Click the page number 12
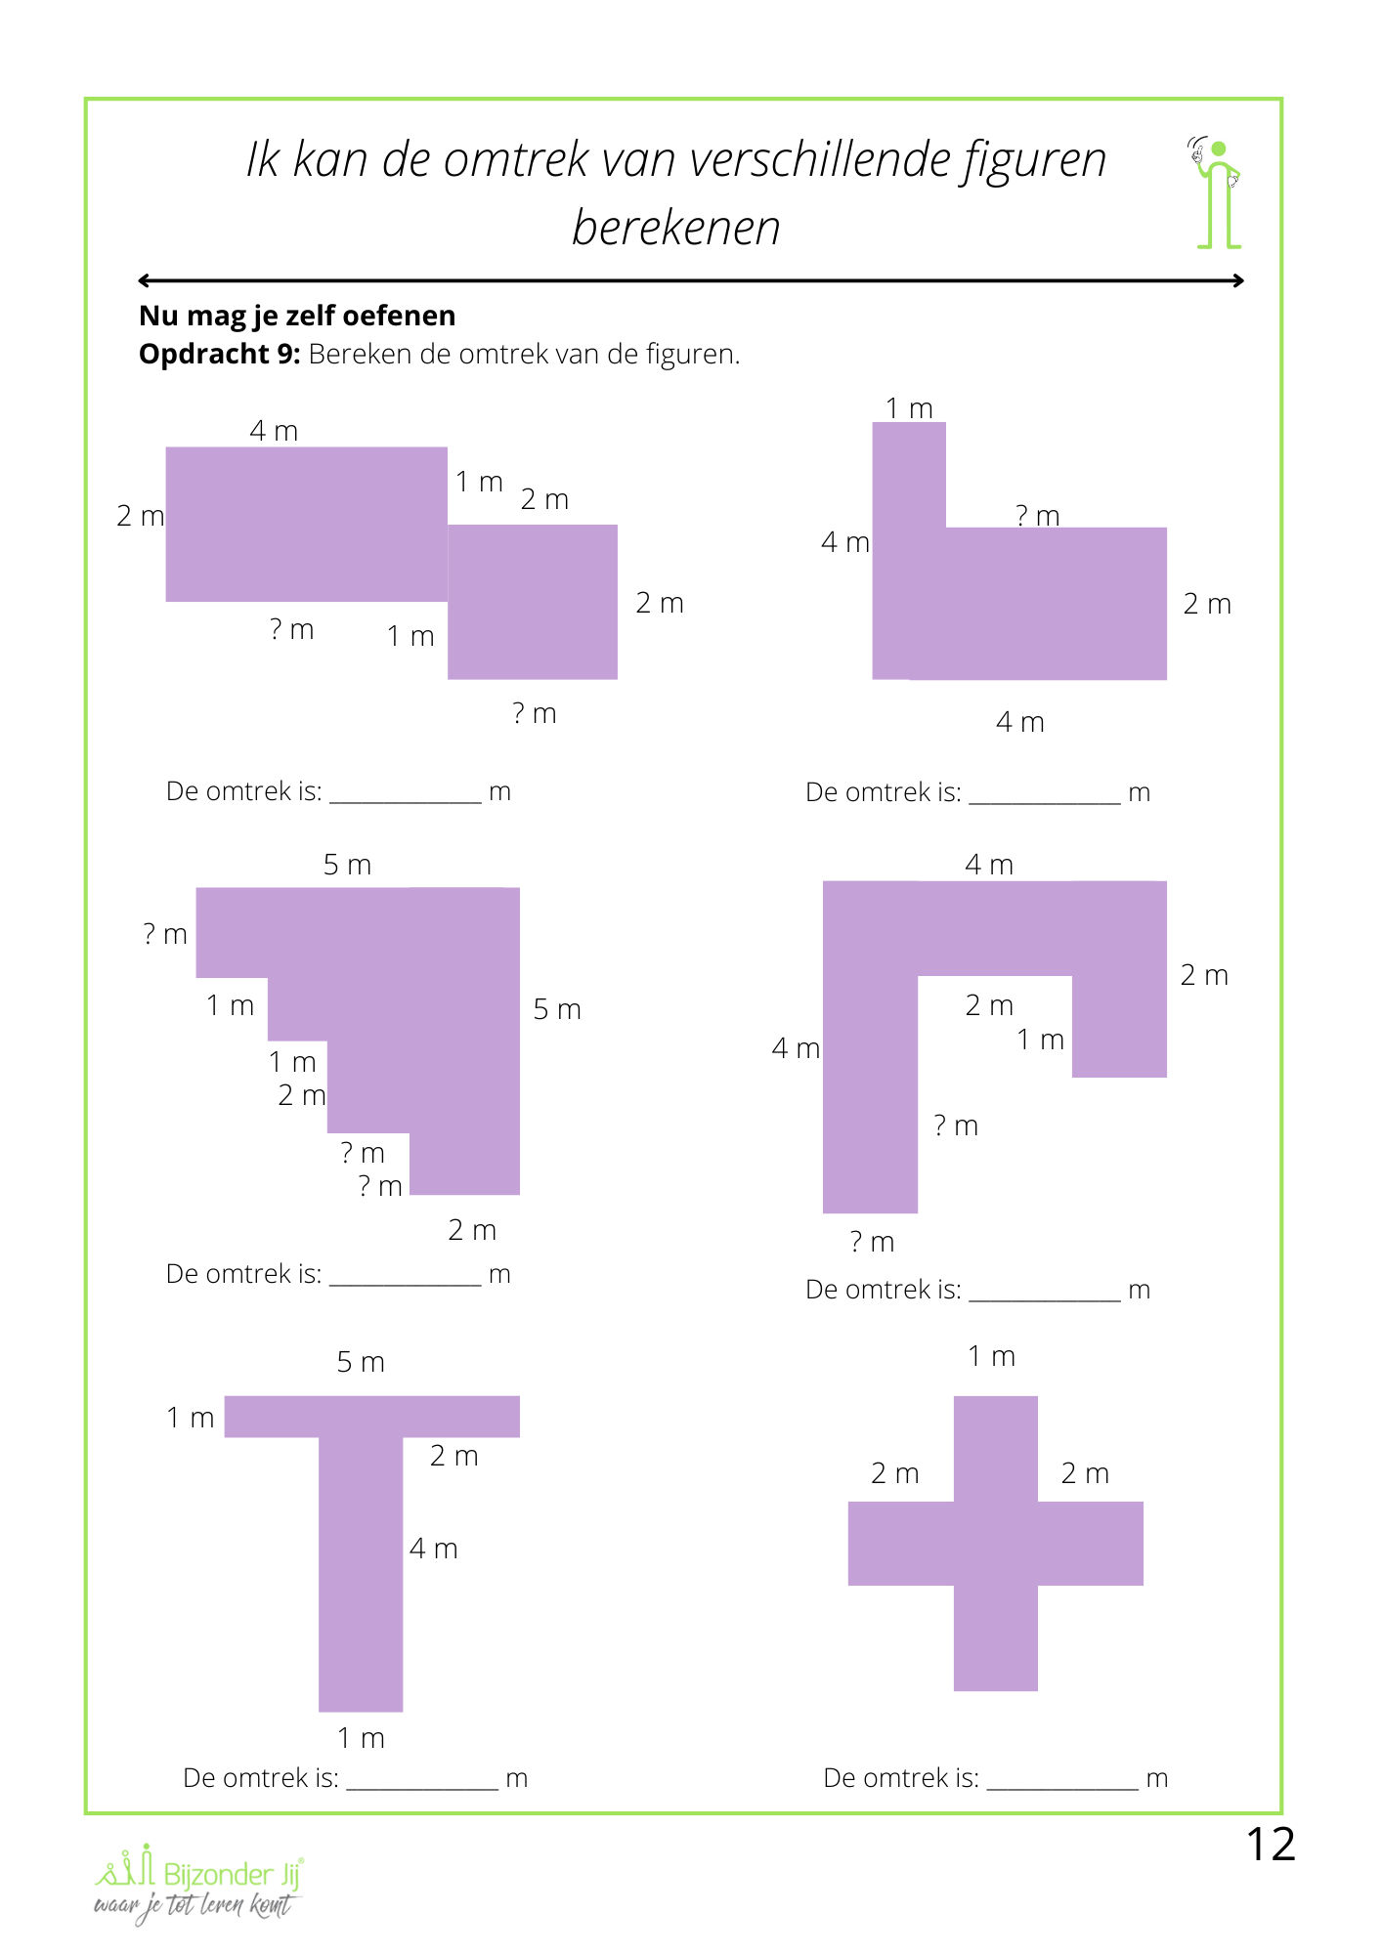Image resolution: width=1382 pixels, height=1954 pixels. [x=1270, y=1845]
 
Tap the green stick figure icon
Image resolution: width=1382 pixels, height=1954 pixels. [x=1217, y=193]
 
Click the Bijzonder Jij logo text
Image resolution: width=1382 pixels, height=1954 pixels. [x=232, y=1874]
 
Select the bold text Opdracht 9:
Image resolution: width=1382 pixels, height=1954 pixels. [x=219, y=354]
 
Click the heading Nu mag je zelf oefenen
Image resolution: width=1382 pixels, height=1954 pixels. [x=297, y=316]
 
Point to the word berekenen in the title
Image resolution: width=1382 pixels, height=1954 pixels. [x=675, y=228]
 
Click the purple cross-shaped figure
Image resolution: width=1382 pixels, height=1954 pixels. [x=995, y=1544]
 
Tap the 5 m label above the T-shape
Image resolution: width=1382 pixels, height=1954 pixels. [x=361, y=1362]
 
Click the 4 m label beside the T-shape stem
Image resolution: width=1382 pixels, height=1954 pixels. [x=433, y=1549]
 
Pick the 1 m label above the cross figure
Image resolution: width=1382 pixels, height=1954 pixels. [x=991, y=1356]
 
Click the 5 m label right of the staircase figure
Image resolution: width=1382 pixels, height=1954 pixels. [x=557, y=1009]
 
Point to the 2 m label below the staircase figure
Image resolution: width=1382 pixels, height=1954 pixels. [x=472, y=1230]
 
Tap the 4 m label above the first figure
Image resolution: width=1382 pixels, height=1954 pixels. [x=274, y=431]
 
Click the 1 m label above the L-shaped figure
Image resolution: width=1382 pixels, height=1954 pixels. [x=909, y=408]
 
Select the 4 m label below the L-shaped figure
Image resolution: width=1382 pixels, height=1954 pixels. [x=1019, y=722]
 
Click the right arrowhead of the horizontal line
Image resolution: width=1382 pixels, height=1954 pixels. [x=1238, y=280]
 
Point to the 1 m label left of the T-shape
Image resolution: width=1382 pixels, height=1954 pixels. [x=190, y=1418]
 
